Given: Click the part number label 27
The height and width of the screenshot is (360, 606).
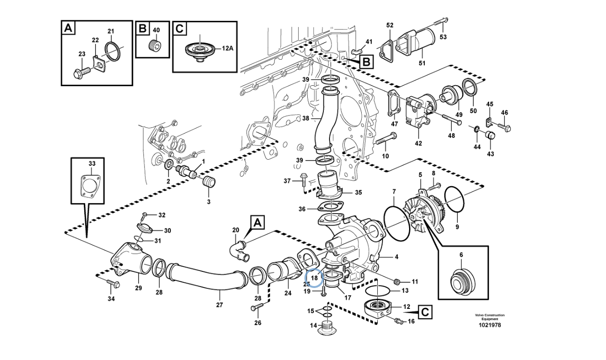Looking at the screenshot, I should pyautogui.click(x=219, y=305).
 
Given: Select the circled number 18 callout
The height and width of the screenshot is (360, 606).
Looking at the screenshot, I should pyautogui.click(x=314, y=278).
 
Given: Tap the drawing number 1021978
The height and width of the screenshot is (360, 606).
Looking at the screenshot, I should pyautogui.click(x=490, y=325).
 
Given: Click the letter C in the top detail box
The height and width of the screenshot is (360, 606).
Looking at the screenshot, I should pyautogui.click(x=179, y=29).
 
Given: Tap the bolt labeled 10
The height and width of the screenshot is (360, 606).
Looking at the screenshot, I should pyautogui.click(x=386, y=139).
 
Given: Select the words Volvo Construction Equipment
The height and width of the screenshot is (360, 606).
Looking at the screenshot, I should pyautogui.click(x=490, y=317).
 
